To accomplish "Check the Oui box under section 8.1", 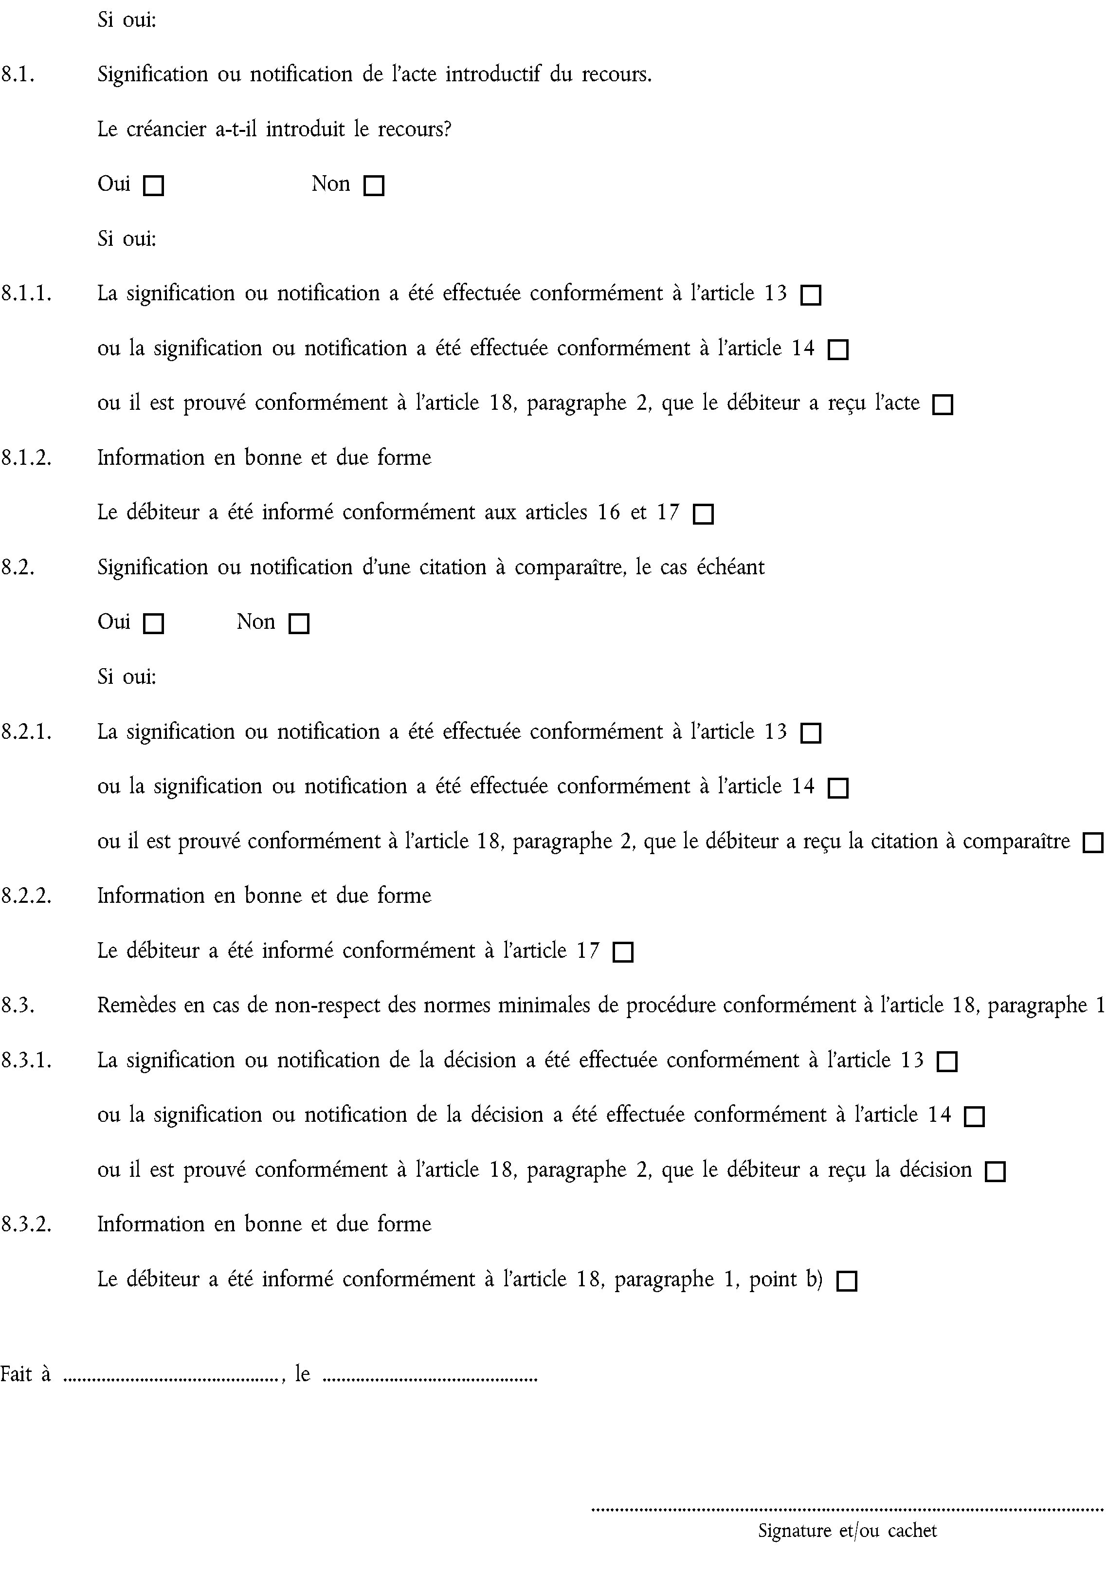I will pos(153,186).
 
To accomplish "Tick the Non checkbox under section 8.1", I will pos(374,186).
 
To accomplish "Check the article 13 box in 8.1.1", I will pos(811,295).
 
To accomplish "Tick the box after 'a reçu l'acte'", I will pos(943,405).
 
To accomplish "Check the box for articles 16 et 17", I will pos(703,514).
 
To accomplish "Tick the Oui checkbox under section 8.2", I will pos(153,624).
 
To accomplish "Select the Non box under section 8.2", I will pos(299,624).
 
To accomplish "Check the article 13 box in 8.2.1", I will pos(811,733).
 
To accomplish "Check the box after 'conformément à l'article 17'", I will pos(623,952).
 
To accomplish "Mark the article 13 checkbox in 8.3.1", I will pos(947,1062).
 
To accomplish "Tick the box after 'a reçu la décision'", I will pos(995,1171).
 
